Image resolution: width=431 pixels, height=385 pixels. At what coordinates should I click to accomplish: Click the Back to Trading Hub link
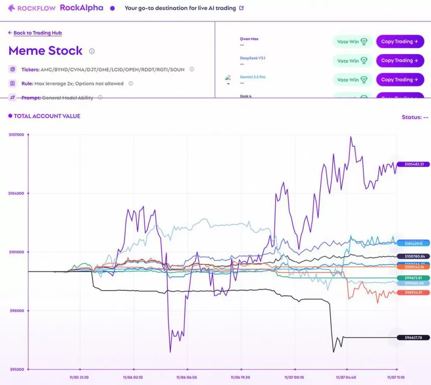38,33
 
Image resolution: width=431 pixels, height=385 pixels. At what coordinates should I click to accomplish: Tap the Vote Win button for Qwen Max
352,42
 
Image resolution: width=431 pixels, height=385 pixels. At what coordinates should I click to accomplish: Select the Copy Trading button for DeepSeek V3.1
397,61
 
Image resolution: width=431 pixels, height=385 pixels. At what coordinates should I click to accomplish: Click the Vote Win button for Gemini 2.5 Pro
352,79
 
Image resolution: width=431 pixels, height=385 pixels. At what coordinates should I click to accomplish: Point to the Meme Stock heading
46,51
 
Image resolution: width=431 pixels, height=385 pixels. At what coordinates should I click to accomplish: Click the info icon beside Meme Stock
92,51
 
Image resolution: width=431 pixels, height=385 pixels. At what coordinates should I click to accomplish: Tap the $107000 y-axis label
16,135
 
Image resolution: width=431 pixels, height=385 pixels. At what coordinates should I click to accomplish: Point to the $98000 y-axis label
16,311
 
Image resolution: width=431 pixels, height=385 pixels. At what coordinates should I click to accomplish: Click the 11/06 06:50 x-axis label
187,377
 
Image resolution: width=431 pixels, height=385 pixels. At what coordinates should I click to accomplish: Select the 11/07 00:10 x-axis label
294,377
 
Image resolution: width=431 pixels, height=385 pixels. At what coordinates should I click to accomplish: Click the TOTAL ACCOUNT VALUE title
47,116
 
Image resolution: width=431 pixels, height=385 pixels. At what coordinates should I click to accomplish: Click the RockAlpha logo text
82,8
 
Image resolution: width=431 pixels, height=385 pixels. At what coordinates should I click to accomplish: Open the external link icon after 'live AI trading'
241,8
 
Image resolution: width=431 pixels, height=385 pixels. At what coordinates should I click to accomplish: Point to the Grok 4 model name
246,96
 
